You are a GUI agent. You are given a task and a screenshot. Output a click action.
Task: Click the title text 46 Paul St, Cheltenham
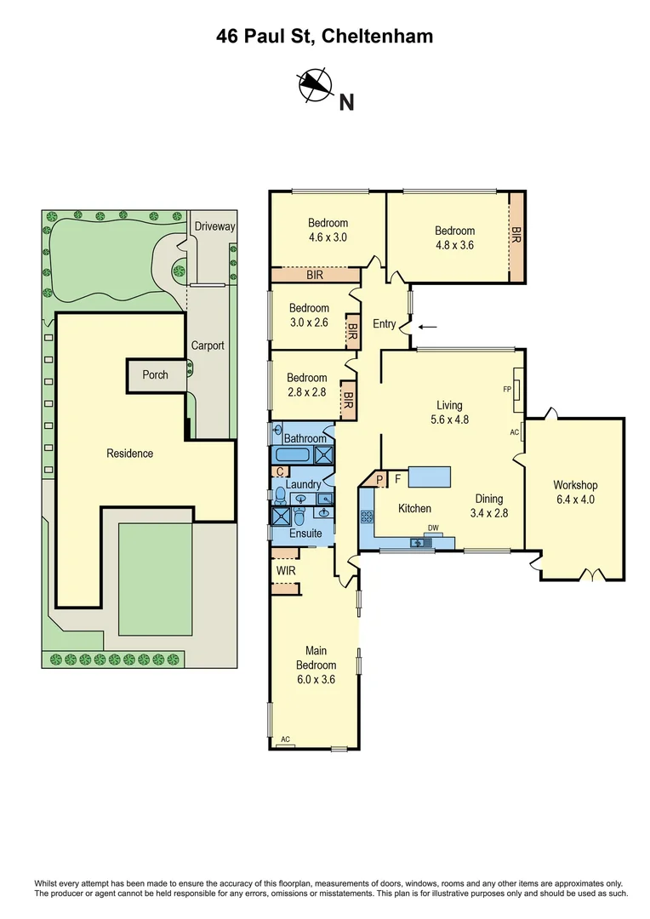(x=324, y=36)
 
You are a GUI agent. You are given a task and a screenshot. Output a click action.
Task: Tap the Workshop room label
(x=573, y=485)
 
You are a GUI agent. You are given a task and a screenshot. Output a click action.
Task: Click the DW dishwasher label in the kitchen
(x=433, y=528)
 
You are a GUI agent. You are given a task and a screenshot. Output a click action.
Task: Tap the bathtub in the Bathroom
(x=294, y=454)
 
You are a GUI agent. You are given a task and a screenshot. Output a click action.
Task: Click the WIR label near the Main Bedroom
(x=286, y=570)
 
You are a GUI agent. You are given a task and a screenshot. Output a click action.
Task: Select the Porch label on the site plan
(x=155, y=375)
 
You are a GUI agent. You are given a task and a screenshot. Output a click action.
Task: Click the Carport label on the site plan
(x=208, y=345)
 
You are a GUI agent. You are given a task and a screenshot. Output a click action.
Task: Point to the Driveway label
(x=214, y=226)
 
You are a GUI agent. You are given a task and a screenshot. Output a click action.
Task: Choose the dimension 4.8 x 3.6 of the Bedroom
(x=454, y=245)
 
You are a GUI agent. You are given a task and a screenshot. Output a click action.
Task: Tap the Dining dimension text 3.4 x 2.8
(x=488, y=513)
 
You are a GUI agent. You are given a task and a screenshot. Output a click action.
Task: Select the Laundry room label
(x=303, y=485)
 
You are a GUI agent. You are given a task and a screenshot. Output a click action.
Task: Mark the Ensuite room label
(x=305, y=534)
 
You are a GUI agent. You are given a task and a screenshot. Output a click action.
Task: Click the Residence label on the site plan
(x=129, y=454)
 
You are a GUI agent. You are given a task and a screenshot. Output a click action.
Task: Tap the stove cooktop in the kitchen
(x=368, y=516)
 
